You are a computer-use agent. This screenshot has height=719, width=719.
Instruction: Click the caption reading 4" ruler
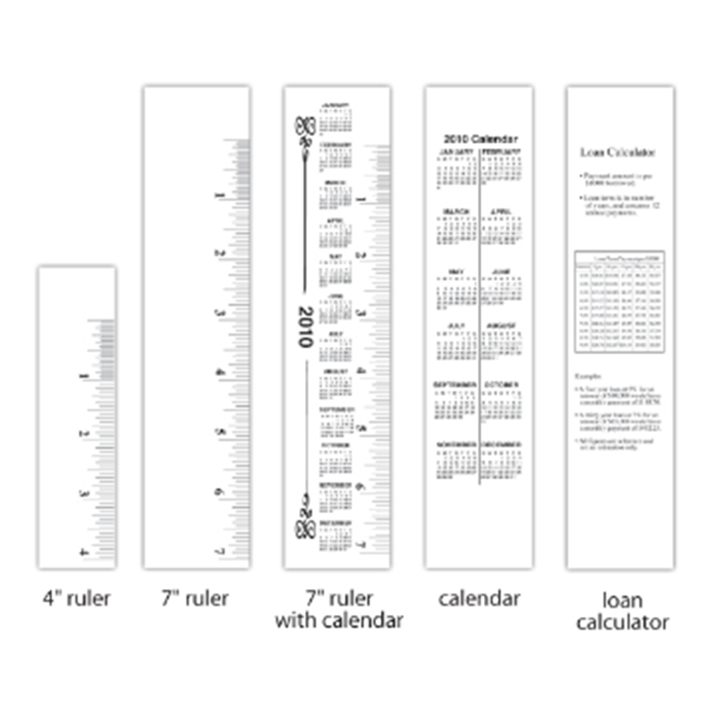pyautogui.click(x=76, y=598)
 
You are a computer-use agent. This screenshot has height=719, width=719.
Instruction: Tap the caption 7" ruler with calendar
pyautogui.click(x=338, y=609)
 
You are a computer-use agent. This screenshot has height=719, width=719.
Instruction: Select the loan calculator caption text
pyautogui.click(x=622, y=610)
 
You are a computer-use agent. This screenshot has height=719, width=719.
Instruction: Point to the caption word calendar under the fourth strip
pyautogui.click(x=479, y=598)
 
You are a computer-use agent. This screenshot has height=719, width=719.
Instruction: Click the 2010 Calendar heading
pyautogui.click(x=480, y=139)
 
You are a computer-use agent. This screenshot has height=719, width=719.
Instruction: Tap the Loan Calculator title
pyautogui.click(x=618, y=152)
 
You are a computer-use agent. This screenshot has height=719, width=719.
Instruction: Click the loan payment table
pyautogui.click(x=619, y=301)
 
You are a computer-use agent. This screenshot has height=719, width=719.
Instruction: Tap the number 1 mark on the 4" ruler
pyautogui.click(x=86, y=375)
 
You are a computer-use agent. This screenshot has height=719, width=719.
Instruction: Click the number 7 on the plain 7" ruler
pyautogui.click(x=218, y=551)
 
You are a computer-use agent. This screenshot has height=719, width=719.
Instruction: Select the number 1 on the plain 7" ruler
pyautogui.click(x=218, y=195)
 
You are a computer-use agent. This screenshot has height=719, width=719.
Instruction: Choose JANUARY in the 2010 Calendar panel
pyautogui.click(x=457, y=152)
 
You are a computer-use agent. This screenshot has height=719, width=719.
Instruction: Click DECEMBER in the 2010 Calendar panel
pyautogui.click(x=502, y=445)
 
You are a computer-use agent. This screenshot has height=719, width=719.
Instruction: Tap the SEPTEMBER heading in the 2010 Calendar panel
pyautogui.click(x=454, y=385)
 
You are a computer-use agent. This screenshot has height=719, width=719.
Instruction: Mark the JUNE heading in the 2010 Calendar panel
pyautogui.click(x=502, y=272)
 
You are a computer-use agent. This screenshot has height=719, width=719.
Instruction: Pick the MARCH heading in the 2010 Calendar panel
pyautogui.click(x=457, y=211)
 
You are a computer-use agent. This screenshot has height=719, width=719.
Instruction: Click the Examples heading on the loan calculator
pyautogui.click(x=588, y=377)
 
